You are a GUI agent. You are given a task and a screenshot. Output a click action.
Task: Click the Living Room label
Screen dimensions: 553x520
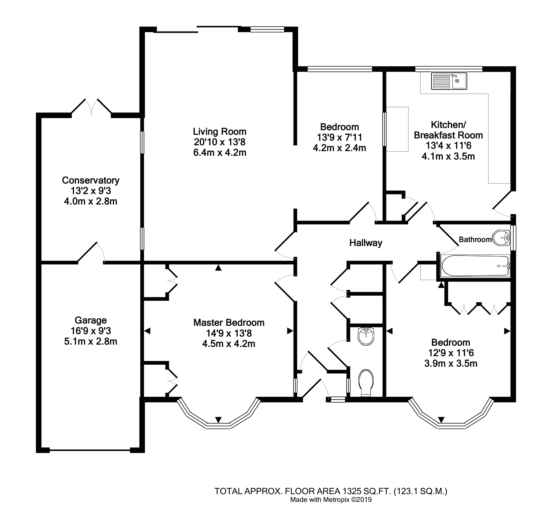pyautogui.click(x=220, y=131)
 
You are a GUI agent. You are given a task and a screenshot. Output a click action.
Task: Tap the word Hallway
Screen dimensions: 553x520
pyautogui.click(x=366, y=243)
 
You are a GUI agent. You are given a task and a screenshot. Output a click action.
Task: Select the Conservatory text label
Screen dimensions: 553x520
pyautogui.click(x=91, y=180)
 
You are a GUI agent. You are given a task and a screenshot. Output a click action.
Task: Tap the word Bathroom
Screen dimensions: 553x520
pyautogui.click(x=475, y=240)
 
